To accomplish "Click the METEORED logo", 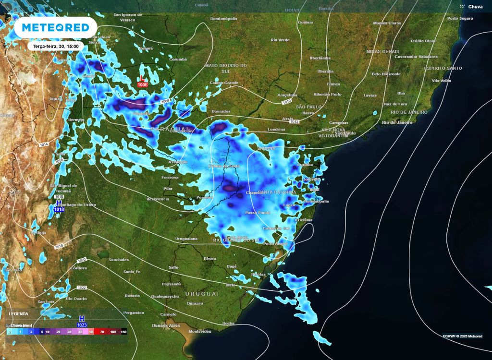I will (56, 28).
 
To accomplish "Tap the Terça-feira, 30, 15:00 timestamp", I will (56, 46).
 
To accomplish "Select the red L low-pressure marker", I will (142, 79).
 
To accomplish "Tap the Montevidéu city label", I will (200, 331).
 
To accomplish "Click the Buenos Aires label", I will (166, 325).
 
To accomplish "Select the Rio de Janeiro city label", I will (397, 122).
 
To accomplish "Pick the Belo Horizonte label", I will (386, 74).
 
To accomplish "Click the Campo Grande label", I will (224, 83).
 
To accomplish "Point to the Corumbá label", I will (178, 60).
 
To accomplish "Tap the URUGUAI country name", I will (202, 293).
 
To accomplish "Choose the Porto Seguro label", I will (460, 18).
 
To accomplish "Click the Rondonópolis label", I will (224, 19).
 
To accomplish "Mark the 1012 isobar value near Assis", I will (294, 121).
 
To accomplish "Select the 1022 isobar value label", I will (82, 288).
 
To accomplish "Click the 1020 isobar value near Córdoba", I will (82, 260).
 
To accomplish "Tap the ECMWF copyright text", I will (463, 336).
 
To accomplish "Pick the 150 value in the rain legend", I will (123, 332).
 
